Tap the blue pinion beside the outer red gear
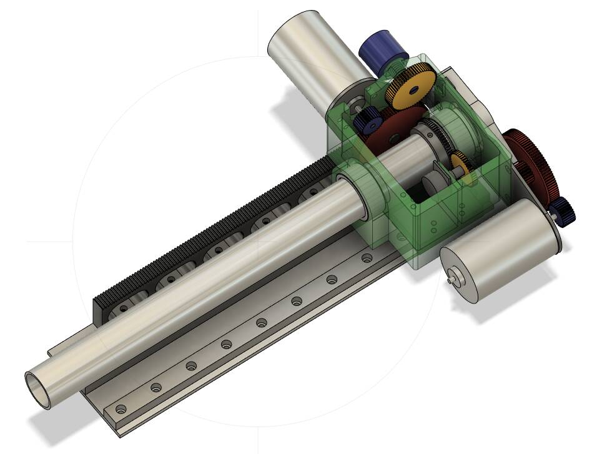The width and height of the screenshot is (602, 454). (563, 212)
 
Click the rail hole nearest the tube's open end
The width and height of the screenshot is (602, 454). (121, 410)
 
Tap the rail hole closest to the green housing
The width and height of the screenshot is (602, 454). (367, 257)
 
